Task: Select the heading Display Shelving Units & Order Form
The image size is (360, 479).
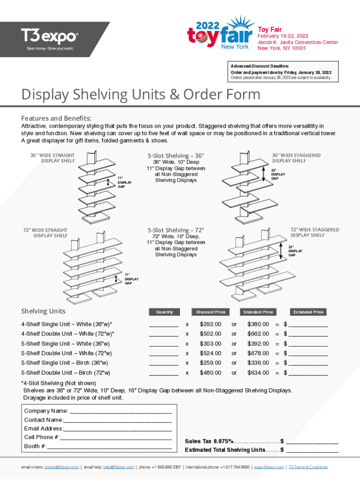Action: (141, 94)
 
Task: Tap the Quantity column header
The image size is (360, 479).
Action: (164, 312)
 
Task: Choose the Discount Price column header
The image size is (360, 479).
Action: (210, 312)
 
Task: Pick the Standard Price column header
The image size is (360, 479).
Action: (258, 312)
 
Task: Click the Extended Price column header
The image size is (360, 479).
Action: (308, 312)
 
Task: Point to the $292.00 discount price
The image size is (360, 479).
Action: (210, 324)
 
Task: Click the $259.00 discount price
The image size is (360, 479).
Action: (210, 363)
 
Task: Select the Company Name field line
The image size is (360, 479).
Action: (121, 412)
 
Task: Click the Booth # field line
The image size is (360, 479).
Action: (109, 447)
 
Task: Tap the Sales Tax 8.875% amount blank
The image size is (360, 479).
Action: (312, 442)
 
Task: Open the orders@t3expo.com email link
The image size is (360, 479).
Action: (61, 467)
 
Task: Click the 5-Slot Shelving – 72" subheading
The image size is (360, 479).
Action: (176, 230)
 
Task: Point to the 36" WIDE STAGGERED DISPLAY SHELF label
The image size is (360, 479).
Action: (296, 158)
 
